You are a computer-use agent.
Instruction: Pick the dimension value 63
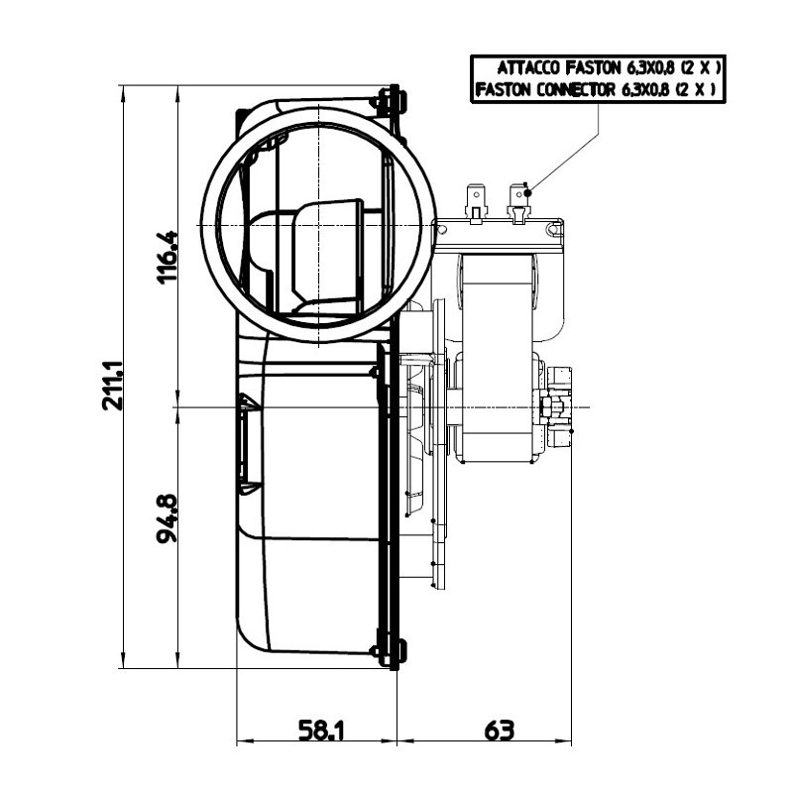point(500,732)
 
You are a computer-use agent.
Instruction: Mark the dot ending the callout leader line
point(528,190)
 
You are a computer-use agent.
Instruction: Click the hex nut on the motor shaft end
point(548,406)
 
